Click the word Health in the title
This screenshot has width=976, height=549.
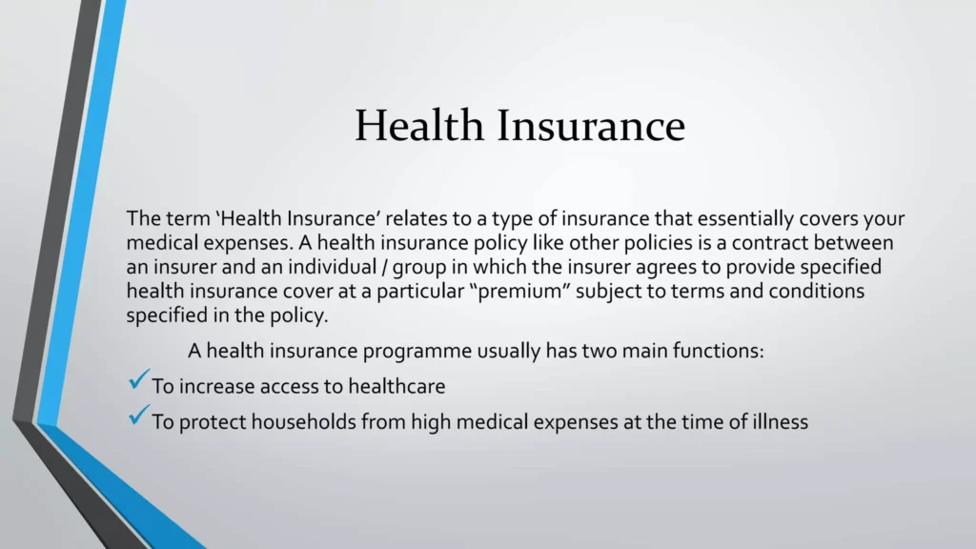(419, 125)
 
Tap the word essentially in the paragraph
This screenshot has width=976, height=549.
(745, 219)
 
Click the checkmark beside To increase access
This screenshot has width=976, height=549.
(138, 379)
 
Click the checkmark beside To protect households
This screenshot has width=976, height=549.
(138, 415)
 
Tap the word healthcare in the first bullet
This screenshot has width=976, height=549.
(396, 387)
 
